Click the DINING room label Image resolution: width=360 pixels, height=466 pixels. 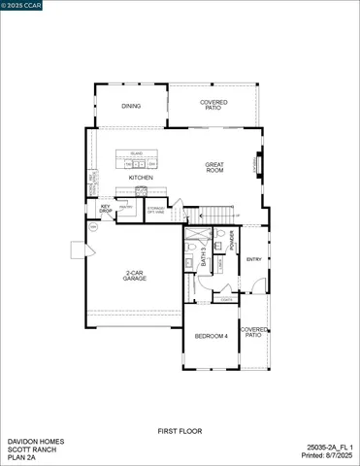pos(130,106)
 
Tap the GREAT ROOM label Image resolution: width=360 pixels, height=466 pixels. pos(214,168)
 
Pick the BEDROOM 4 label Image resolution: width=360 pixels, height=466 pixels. pos(211,336)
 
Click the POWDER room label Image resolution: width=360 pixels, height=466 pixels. pos(232,240)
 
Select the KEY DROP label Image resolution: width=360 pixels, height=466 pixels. pos(105,208)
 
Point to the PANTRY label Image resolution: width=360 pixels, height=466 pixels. pos(126,207)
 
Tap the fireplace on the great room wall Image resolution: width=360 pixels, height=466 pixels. pos(256,165)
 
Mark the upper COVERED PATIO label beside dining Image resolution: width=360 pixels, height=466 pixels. pos(214,105)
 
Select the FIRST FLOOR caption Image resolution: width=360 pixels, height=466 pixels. pos(180,430)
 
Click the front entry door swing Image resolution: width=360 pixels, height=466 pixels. pos(254,283)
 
